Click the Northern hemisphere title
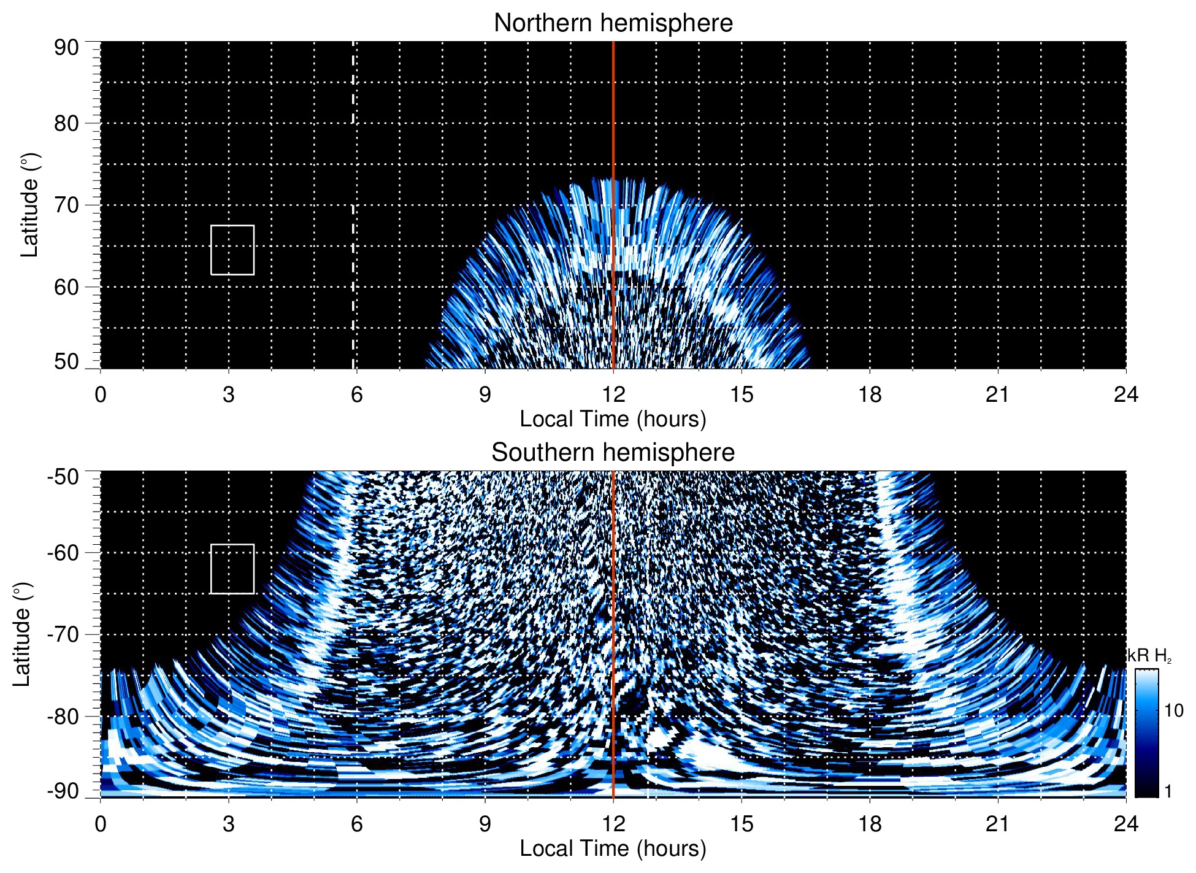(x=613, y=23)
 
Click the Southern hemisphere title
(x=613, y=453)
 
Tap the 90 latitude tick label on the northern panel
(x=66, y=48)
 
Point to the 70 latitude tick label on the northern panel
(x=66, y=206)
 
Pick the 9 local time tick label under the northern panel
(x=485, y=394)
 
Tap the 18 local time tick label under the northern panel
(x=870, y=394)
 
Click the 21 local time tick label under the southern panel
(x=998, y=824)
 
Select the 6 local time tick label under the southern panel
(x=357, y=824)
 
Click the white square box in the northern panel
(x=232, y=250)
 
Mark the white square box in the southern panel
(x=232, y=569)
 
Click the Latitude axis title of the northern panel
(x=29, y=206)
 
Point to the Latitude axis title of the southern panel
(x=22, y=635)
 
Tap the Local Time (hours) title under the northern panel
(x=613, y=420)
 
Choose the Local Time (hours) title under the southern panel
(x=613, y=849)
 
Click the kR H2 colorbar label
(x=1149, y=656)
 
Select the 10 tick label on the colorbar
(x=1173, y=711)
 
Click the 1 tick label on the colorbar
(x=1168, y=791)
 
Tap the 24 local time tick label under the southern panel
(x=1125, y=824)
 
